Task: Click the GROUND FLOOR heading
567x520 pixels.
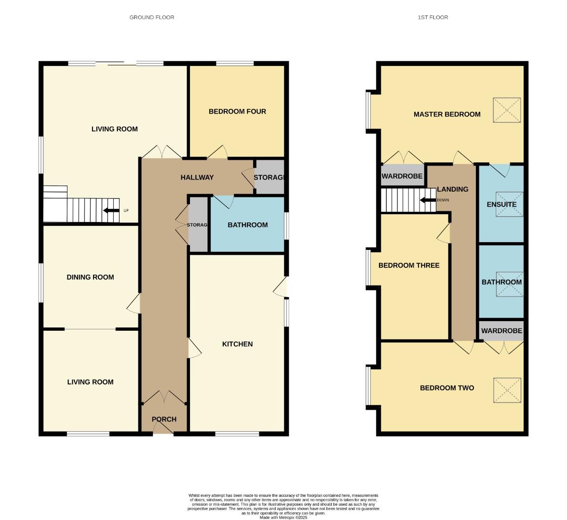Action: pyautogui.click(x=151, y=17)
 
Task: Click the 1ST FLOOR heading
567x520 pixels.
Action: pyautogui.click(x=432, y=17)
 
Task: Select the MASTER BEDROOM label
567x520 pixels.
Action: pyautogui.click(x=447, y=115)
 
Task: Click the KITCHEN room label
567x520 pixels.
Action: pyautogui.click(x=237, y=344)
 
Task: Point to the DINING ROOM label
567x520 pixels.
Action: pyautogui.click(x=90, y=277)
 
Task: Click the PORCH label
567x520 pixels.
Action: pyautogui.click(x=164, y=419)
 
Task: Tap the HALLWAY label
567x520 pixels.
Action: pyautogui.click(x=197, y=178)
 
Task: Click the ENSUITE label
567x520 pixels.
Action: pyautogui.click(x=501, y=205)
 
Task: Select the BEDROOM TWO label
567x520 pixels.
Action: pyautogui.click(x=447, y=388)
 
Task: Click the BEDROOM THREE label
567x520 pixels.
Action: pyautogui.click(x=409, y=265)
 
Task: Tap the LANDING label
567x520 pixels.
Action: pyautogui.click(x=452, y=189)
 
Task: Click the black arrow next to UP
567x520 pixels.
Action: pyautogui.click(x=111, y=210)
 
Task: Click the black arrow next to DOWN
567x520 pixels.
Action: pyautogui.click(x=427, y=200)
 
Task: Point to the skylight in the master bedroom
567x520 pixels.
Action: pyautogui.click(x=507, y=110)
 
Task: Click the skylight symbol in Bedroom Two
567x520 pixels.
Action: pyautogui.click(x=507, y=390)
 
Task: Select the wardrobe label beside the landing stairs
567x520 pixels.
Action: pyautogui.click(x=402, y=176)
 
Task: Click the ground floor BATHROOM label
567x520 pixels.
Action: pyautogui.click(x=247, y=225)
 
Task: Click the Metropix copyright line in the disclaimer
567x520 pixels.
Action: pyautogui.click(x=283, y=518)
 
